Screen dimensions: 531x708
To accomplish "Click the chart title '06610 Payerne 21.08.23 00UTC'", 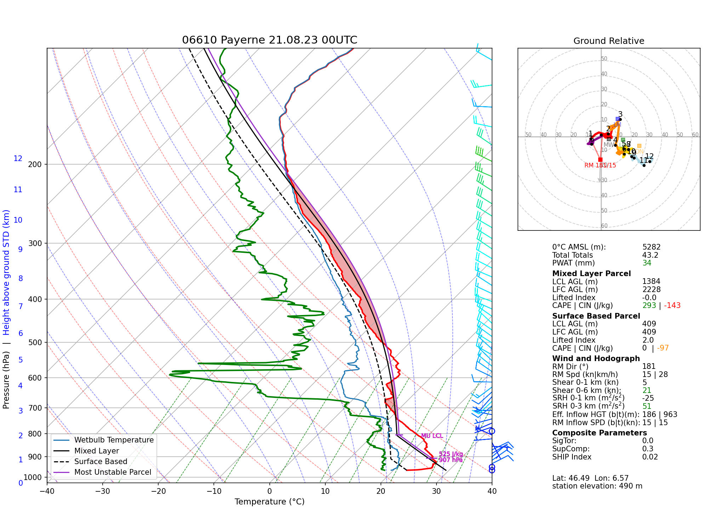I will click(269, 40).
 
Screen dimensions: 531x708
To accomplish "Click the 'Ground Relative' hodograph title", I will click(609, 41).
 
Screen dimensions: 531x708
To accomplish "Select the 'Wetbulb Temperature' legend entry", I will click(114, 440).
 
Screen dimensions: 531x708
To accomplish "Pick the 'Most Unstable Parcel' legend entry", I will click(113, 472).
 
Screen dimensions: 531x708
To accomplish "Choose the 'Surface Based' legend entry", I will click(101, 462).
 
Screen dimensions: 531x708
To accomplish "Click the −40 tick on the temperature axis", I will click(47, 491).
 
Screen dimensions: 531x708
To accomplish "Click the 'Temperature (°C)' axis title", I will click(269, 502).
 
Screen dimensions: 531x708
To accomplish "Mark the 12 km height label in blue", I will click(18, 159).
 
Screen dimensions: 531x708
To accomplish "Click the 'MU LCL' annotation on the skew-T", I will click(432, 436).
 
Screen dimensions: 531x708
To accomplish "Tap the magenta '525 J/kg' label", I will click(451, 454).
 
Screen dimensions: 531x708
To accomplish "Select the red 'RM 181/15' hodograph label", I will click(600, 165).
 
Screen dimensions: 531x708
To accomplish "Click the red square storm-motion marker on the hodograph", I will click(600, 160).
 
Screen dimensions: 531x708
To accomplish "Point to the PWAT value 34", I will click(647, 263).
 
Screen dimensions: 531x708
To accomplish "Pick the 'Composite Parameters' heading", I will click(599, 433).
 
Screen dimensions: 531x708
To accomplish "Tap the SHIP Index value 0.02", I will click(650, 457).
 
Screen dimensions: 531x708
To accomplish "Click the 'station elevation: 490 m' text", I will click(597, 486).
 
